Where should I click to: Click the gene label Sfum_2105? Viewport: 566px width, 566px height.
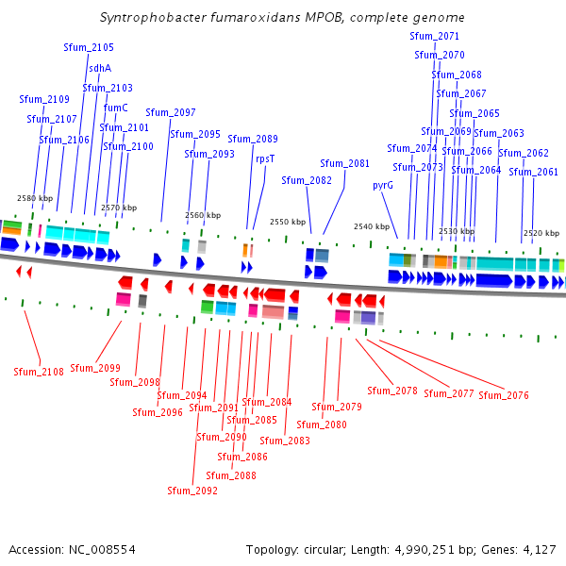[x=89, y=47]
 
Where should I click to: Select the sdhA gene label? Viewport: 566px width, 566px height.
[x=100, y=68]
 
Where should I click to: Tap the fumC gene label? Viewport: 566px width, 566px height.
[x=115, y=108]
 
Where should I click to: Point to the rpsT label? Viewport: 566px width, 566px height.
[x=265, y=158]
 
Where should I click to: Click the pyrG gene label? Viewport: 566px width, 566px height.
[x=383, y=185]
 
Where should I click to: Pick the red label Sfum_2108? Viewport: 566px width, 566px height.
[x=39, y=372]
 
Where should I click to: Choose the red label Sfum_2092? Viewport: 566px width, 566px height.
[x=192, y=491]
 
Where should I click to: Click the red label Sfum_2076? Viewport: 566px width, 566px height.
[x=504, y=395]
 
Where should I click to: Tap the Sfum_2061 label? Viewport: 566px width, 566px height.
[x=534, y=172]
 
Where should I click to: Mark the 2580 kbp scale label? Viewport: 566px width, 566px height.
[x=35, y=198]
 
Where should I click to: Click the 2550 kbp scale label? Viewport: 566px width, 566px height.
[x=288, y=222]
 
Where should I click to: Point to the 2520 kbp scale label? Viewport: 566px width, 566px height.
[x=541, y=232]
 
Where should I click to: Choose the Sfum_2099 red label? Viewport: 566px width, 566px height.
[x=95, y=368]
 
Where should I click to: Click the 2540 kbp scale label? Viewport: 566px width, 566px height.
[x=372, y=226]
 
